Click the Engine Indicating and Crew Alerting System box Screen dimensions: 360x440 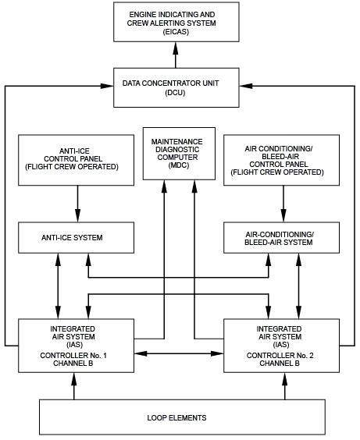coord(176,22)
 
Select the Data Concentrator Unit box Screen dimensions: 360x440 coord(176,87)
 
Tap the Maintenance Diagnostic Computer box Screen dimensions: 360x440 coord(179,154)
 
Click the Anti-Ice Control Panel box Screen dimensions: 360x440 coord(76,160)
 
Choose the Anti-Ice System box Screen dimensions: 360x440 coord(76,238)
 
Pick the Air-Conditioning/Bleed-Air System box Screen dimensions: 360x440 coord(281,238)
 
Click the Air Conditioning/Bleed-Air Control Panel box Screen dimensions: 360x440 coord(281,160)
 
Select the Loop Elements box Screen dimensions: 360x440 coord(182,417)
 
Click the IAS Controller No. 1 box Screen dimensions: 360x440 coord(76,346)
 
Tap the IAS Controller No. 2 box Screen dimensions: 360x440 coord(281,346)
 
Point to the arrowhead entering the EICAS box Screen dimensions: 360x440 coord(176,48)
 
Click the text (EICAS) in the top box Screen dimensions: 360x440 coord(176,32)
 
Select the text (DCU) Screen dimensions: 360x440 coord(175,93)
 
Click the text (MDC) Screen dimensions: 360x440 coord(179,165)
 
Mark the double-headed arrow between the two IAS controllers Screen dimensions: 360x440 coord(179,353)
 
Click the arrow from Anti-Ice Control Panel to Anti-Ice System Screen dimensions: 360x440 coord(78,204)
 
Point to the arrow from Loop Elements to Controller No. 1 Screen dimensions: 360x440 coord(74,386)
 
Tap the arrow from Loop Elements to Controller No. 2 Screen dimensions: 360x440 coord(285,386)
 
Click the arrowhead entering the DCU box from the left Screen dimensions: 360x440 coord(107,86)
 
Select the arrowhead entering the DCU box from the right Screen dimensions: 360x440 coord(246,86)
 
